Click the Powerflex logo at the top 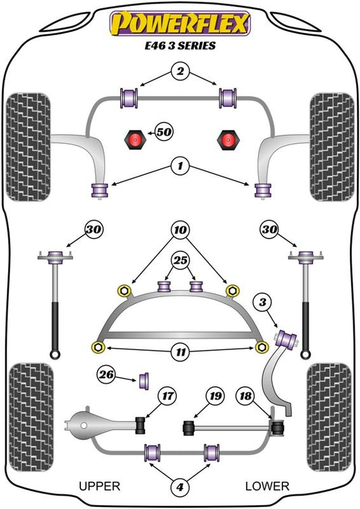[x=180, y=24]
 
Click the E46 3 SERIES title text [x=180, y=45]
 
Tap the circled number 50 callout [x=164, y=132]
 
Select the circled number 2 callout [x=180, y=71]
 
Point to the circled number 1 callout [x=180, y=166]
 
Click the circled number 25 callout [x=180, y=260]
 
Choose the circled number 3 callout [x=263, y=303]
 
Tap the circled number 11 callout [x=180, y=352]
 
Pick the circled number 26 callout [x=106, y=375]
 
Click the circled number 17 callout [x=168, y=396]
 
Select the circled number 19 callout [x=215, y=396]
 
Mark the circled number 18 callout [x=246, y=396]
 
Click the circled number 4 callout [x=180, y=487]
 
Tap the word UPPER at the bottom [x=99, y=486]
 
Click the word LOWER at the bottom [x=267, y=486]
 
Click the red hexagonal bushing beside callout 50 [x=134, y=139]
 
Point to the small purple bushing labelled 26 [x=144, y=381]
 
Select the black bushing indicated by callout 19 [x=188, y=427]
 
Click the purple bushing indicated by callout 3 [x=286, y=339]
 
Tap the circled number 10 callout [x=180, y=230]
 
